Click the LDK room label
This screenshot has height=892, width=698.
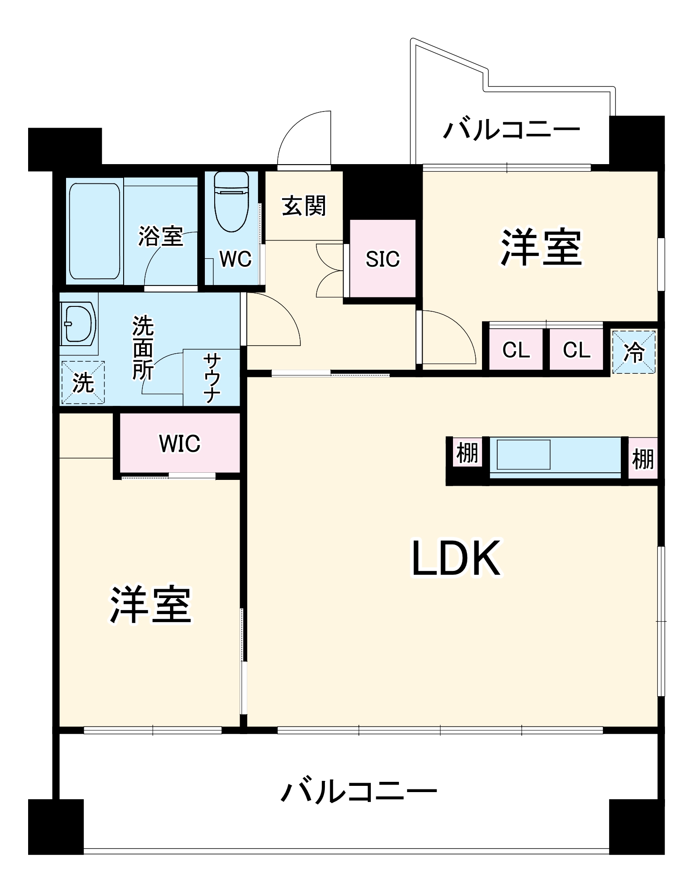coord(456,558)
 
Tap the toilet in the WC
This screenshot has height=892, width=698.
coord(231,202)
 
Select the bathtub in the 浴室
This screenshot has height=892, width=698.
coord(95,231)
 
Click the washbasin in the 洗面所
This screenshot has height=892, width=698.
coord(79,323)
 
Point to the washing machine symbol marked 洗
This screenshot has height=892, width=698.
coord(83,383)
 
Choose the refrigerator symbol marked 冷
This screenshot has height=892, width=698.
coord(633,352)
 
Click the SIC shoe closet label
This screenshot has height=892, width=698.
coord(382,259)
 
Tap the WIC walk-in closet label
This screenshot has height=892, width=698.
coord(180,443)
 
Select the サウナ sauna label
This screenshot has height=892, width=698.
coord(212,378)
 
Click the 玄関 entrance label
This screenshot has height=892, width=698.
coord(304,206)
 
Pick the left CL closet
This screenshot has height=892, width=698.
coord(516,350)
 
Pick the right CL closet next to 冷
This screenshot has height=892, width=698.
coord(576,350)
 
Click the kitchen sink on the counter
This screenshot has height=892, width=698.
coord(523,454)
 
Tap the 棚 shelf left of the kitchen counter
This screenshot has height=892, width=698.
coord(467,453)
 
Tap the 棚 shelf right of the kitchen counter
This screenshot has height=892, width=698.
coord(643,458)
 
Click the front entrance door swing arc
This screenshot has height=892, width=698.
coord(303,138)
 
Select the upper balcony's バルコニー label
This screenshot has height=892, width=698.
coord(511,130)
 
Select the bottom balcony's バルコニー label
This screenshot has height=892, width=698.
coord(358,792)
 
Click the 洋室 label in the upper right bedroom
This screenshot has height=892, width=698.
coord(541,248)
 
